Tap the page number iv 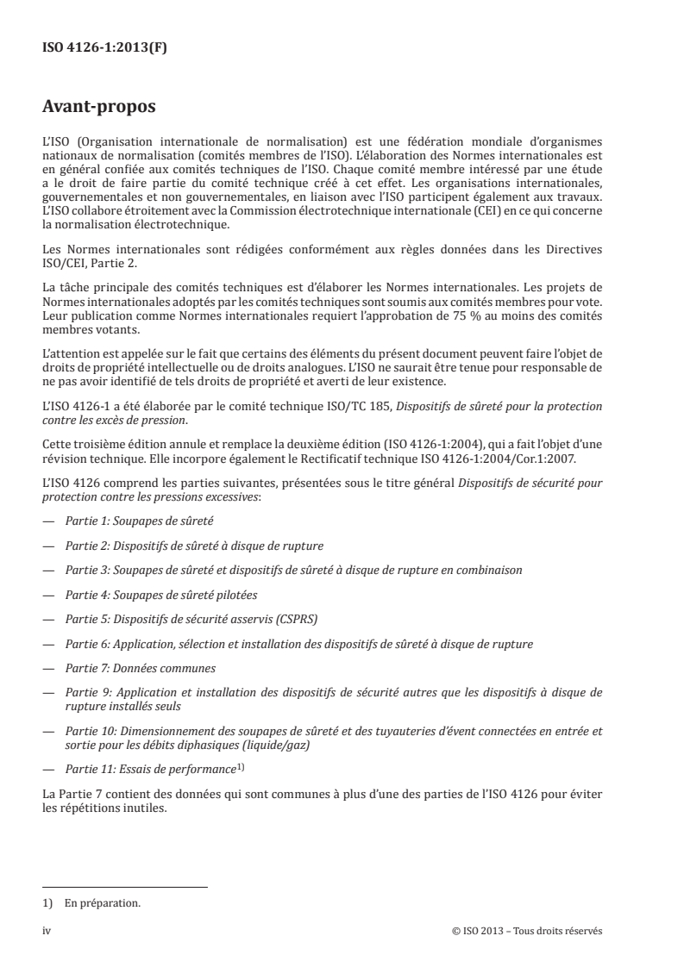coord(47,931)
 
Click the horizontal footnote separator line coord(125,887)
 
